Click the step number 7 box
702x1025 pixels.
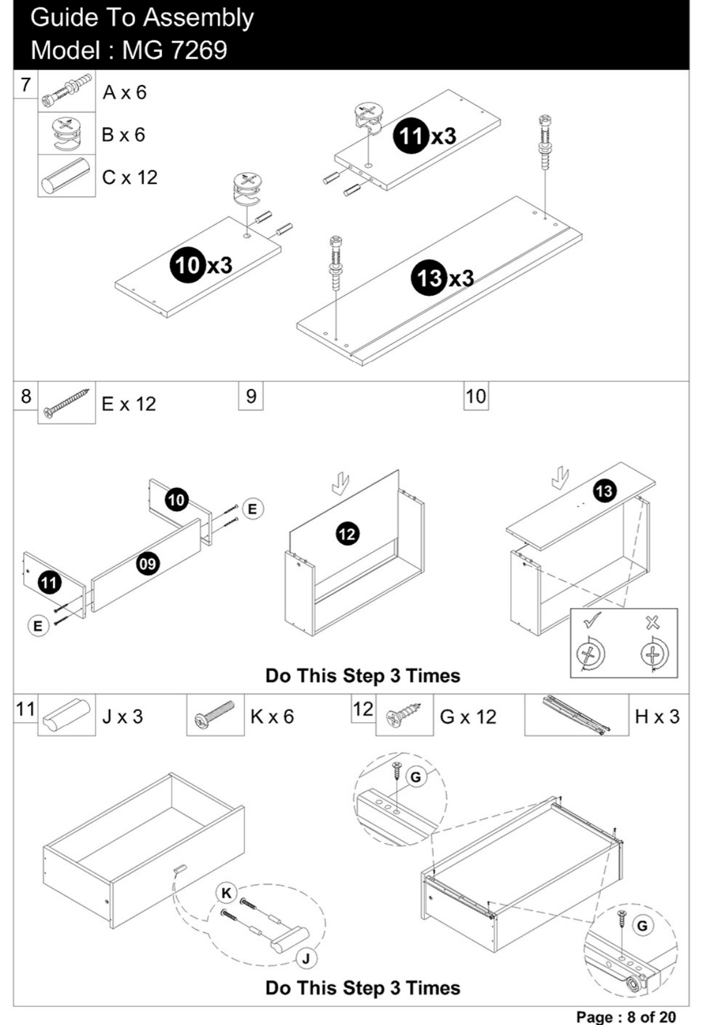coord(26,84)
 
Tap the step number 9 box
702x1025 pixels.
coord(251,396)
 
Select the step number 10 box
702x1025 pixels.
coord(476,396)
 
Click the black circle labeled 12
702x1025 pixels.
coord(347,534)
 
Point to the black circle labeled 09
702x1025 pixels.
coord(148,564)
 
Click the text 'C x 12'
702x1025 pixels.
coord(130,178)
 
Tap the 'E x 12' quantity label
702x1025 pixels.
coord(129,404)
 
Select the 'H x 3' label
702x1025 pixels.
coord(657,716)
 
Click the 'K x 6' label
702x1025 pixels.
coord(272,716)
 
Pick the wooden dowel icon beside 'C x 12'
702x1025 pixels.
coord(66,176)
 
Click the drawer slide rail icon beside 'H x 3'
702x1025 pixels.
coord(577,715)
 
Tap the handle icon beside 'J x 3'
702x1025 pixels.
coord(66,715)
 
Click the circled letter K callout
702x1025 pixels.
coord(226,893)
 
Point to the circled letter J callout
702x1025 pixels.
coord(307,959)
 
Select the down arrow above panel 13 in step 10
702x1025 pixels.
coord(560,478)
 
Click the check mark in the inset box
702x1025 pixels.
coord(592,620)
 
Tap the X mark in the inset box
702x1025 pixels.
coord(652,622)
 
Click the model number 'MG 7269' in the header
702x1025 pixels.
coord(174,50)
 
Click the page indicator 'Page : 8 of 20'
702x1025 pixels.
coord(625,1016)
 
